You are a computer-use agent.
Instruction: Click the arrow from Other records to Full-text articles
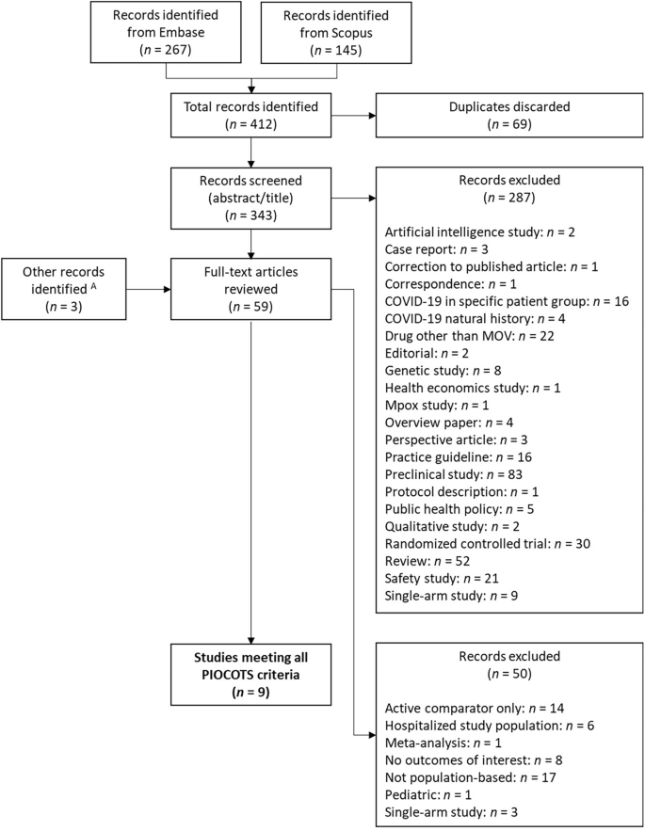click(152, 279)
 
